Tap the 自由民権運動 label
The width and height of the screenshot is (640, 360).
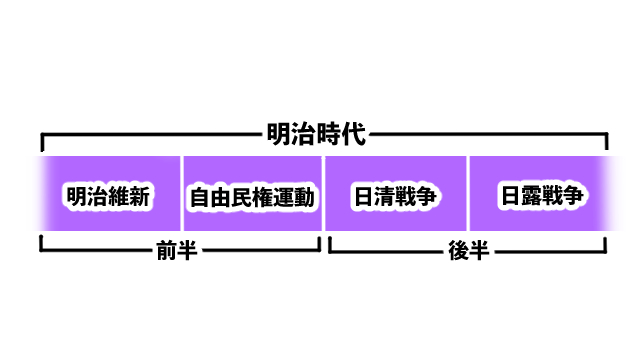(252, 197)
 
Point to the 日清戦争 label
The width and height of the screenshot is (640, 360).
(396, 197)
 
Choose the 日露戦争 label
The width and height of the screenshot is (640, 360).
(541, 196)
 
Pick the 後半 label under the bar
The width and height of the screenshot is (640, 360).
(468, 251)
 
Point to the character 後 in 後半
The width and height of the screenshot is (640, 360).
(458, 251)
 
